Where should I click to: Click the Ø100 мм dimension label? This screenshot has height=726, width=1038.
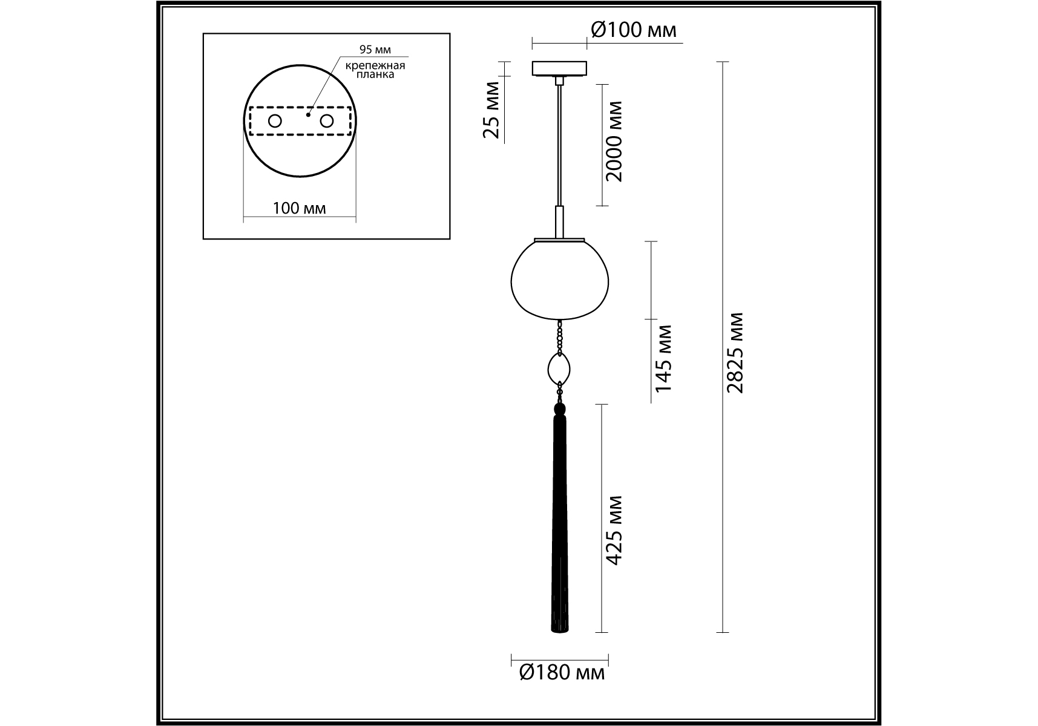click(x=633, y=30)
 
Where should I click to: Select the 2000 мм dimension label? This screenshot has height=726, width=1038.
click(x=613, y=141)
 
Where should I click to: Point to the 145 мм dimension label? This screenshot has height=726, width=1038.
click(x=664, y=358)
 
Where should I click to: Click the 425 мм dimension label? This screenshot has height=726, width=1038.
click(x=614, y=531)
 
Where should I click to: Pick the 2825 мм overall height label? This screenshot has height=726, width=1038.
click(x=735, y=353)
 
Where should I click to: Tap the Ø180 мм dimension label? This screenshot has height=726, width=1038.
click(x=562, y=672)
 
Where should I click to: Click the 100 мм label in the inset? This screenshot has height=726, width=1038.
click(x=299, y=209)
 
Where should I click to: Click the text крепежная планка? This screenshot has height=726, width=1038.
click(x=375, y=70)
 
